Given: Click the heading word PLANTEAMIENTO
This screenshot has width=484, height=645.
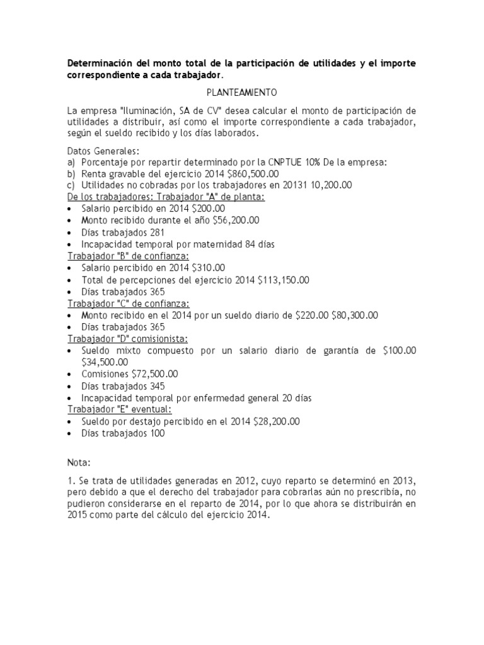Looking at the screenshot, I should tap(241, 93).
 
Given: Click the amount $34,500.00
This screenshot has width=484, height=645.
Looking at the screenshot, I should tap(105, 362).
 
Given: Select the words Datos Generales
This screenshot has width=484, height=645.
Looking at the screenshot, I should tap(103, 151).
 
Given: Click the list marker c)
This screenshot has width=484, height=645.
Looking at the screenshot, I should tap(71, 185).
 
